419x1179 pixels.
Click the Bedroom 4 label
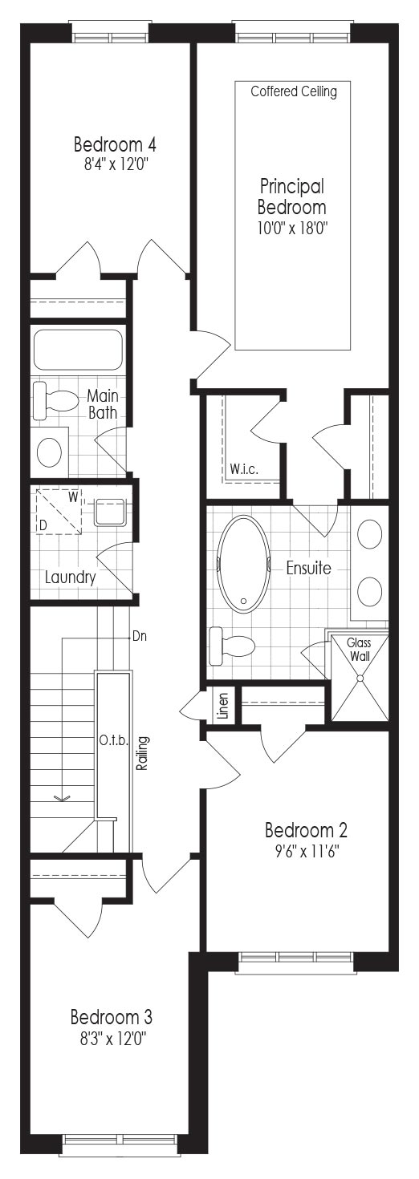(114, 144)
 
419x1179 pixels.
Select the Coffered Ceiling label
(294, 91)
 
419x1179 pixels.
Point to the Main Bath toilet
(54, 395)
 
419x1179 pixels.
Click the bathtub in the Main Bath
(77, 350)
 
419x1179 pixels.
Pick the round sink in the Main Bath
(50, 452)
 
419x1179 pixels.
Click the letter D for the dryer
(43, 525)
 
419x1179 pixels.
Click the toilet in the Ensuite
(231, 646)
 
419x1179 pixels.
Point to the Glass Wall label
(359, 649)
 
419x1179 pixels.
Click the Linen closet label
(223, 706)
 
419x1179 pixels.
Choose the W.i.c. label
(244, 469)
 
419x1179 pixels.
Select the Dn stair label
(140, 636)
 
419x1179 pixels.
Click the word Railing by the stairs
(141, 754)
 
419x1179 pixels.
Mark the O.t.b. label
(114, 741)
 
